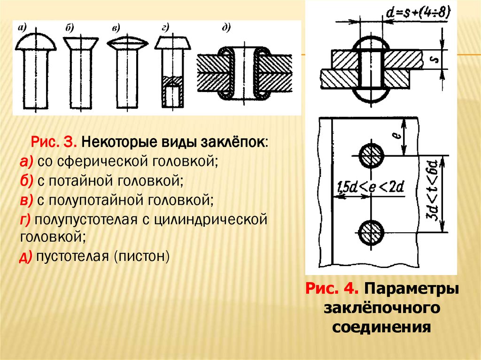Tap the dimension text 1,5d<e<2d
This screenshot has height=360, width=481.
click(x=371, y=188)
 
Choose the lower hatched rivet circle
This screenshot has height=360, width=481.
click(x=372, y=232)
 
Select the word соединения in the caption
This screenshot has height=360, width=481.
click(x=382, y=326)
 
